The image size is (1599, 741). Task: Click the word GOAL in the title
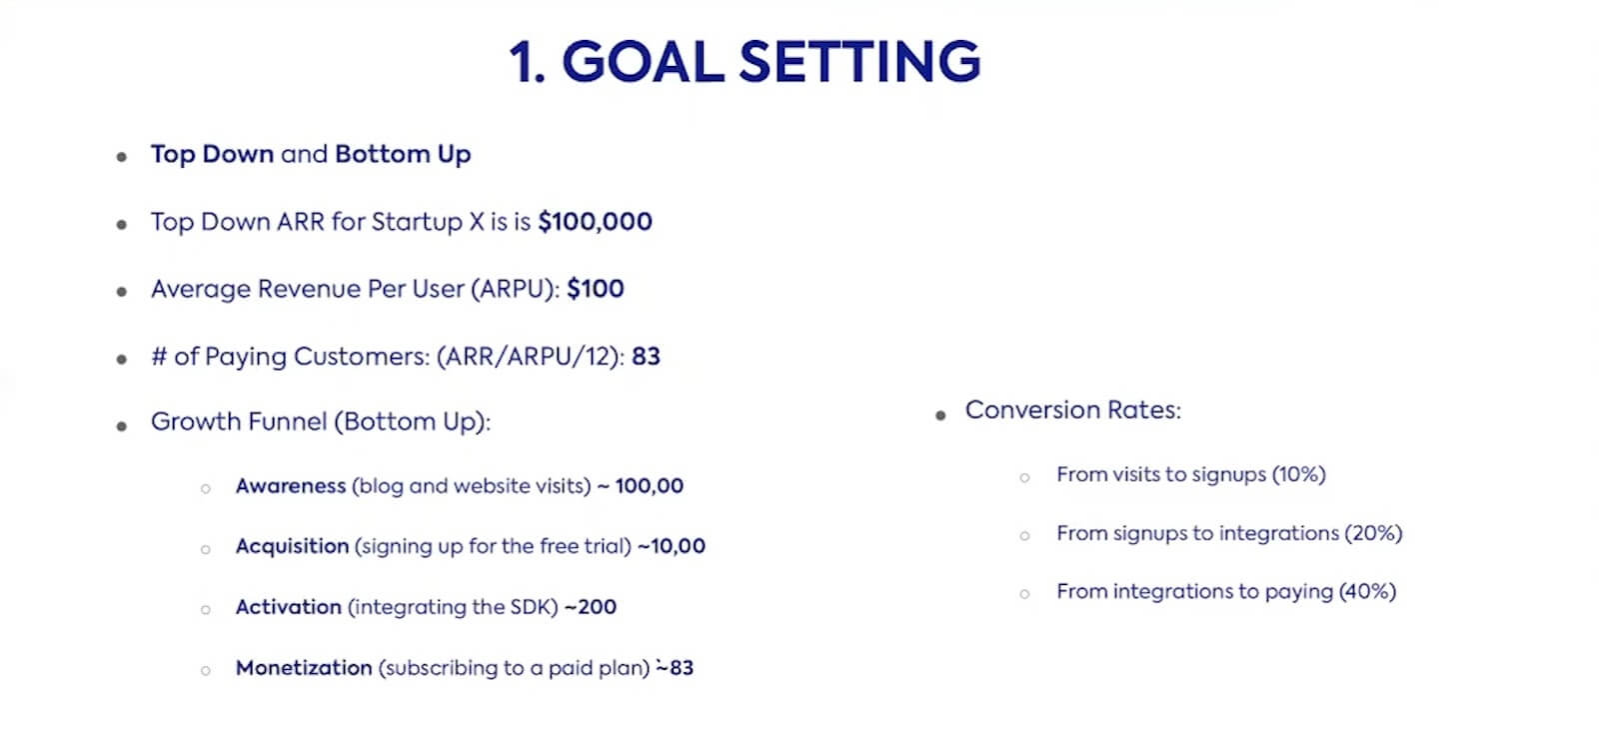[644, 61]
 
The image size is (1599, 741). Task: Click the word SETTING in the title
[860, 61]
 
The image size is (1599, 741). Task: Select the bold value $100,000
[595, 222]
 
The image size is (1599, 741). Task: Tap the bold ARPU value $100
[596, 289]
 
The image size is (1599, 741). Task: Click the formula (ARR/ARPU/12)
[529, 357]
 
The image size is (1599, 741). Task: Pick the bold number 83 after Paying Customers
[646, 357]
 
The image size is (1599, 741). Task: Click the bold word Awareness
[291, 486]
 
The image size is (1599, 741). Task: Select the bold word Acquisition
[292, 546]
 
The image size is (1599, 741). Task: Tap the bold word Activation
[289, 607]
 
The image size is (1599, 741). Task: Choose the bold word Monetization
[304, 667]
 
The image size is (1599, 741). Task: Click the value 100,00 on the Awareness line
[650, 486]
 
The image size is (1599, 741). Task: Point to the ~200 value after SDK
[591, 607]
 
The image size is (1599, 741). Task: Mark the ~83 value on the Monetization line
[675, 667]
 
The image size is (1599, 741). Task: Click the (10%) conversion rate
[1298, 474]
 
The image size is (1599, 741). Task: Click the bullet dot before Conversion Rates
[940, 415]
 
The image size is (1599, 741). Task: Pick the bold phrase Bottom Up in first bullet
[403, 154]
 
